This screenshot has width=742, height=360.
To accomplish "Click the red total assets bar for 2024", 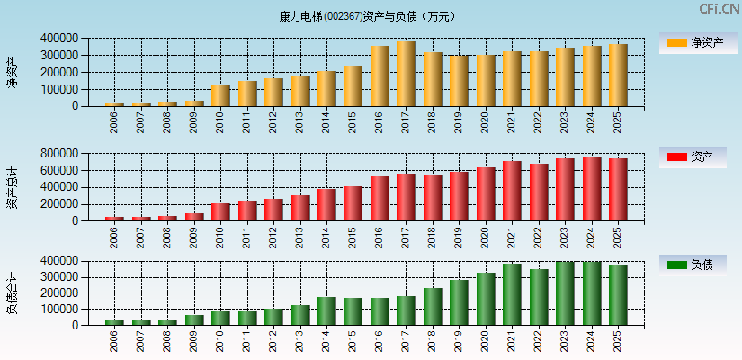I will pyautogui.click(x=591, y=189).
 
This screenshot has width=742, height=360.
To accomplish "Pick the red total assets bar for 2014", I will pyautogui.click(x=326, y=204).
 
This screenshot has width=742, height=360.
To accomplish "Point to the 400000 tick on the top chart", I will pyautogui.click(x=58, y=39).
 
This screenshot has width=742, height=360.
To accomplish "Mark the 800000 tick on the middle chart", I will pyautogui.click(x=58, y=154).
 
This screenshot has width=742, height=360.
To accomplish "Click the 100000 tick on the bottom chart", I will pyautogui.click(x=58, y=309).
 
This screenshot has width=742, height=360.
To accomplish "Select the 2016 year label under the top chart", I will pyautogui.click(x=380, y=122).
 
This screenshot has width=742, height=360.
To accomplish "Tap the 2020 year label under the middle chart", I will pyautogui.click(x=486, y=238).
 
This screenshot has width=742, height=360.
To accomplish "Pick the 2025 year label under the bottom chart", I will pyautogui.click(x=618, y=342).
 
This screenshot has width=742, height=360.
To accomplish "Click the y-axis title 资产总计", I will pyautogui.click(x=12, y=187).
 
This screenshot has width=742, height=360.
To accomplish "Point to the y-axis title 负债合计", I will pyautogui.click(x=12, y=292).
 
